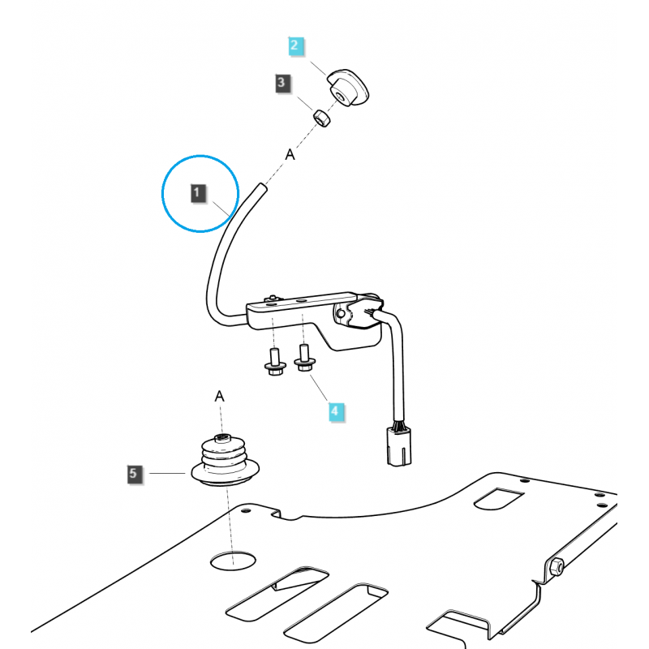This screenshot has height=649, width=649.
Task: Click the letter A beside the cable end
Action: [289, 154]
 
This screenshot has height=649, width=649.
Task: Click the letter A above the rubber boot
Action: [219, 396]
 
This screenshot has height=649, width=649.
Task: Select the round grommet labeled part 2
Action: [346, 88]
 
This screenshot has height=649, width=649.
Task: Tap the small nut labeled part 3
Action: [322, 118]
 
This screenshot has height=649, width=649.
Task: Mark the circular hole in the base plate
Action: [232, 559]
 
